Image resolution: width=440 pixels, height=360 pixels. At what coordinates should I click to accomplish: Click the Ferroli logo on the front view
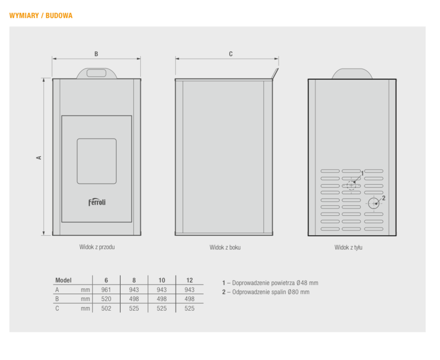97,202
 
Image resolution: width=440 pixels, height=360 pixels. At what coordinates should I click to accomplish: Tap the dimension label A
39,158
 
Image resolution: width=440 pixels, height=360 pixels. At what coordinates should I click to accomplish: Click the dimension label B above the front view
96,54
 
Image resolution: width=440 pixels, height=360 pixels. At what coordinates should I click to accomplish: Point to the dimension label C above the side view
231,54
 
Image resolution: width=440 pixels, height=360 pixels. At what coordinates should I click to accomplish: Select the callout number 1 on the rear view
362,174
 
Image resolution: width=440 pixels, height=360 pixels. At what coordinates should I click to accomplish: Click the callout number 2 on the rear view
384,198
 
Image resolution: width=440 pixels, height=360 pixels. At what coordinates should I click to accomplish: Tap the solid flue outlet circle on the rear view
374,203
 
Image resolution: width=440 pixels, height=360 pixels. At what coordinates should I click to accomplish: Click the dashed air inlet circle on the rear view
351,185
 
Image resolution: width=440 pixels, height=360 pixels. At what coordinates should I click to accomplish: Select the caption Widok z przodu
97,247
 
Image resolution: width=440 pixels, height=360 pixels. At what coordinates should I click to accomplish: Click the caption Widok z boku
225,247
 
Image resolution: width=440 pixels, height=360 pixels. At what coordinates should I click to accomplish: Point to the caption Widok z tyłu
348,247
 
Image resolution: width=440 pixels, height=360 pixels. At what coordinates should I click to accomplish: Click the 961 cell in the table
106,290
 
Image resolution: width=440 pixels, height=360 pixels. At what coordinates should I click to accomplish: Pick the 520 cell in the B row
106,299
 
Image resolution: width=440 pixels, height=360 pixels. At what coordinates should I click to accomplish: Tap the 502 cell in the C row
106,309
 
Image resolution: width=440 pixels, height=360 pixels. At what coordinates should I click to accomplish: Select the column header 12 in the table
189,280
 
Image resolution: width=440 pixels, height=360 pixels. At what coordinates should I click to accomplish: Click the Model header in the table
64,280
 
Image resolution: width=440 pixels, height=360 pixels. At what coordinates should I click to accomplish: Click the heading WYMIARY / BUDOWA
41,16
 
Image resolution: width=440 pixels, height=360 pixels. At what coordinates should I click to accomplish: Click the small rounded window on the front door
97,161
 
